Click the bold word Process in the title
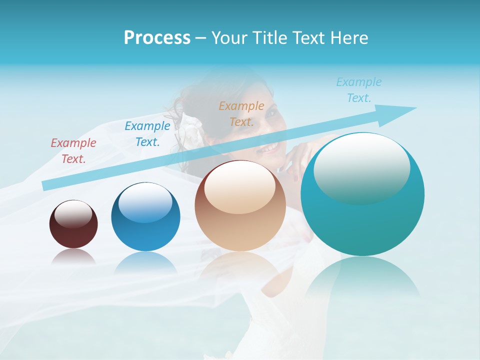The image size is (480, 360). pos(157,37)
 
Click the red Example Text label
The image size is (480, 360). pos(73,151)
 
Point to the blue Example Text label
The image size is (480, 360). pos(147,134)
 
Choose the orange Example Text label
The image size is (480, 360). pos(241,113)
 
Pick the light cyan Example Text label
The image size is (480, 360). pos(359,90)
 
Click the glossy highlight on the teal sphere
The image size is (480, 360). pos(361,167)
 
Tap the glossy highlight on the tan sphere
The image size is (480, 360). pos(240,186)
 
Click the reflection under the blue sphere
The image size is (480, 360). pos(145,262)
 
